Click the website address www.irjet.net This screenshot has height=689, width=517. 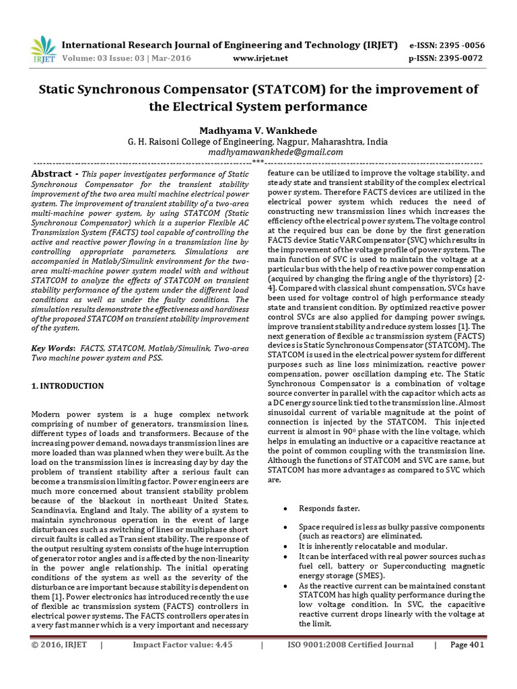(260, 59)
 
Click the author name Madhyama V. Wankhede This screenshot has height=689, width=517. (258, 129)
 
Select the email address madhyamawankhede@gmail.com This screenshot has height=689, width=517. (258, 153)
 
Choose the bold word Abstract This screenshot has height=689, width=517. (51, 174)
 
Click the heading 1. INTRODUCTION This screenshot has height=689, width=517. (68, 386)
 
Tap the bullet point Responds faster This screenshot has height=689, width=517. (329, 508)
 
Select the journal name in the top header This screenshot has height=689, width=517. (230, 45)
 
